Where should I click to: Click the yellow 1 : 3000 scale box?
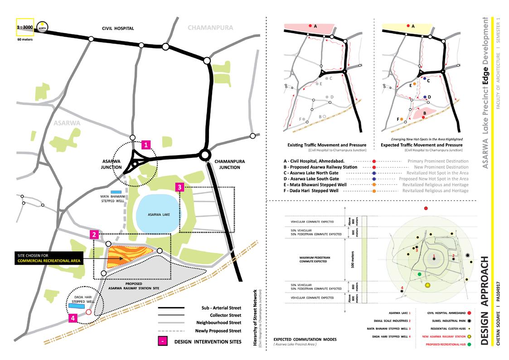24,27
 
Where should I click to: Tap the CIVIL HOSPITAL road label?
117,28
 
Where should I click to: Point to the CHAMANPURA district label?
210,28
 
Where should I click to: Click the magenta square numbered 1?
146,145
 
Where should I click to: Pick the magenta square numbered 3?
180,187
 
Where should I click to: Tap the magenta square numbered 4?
72,318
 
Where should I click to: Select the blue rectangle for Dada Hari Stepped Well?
77,306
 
